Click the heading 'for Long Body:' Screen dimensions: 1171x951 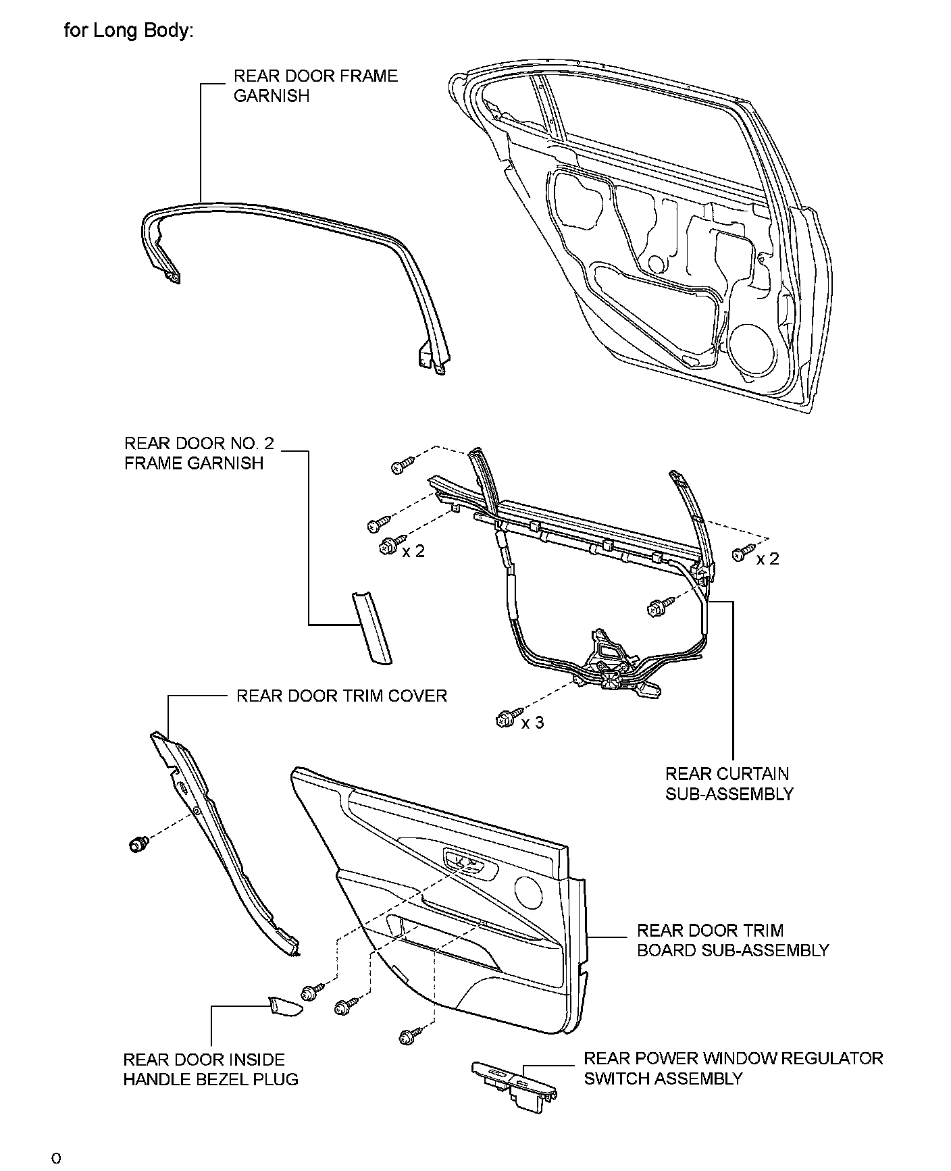point(128,31)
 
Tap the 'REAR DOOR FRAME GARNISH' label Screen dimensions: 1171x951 point(315,86)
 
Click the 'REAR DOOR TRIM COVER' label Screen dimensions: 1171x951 point(341,696)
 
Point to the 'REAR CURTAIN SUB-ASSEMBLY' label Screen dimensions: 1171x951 point(729,783)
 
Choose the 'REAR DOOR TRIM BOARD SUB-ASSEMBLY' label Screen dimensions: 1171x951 point(733,940)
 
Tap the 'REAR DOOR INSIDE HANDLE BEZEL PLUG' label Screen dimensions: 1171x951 point(210,1069)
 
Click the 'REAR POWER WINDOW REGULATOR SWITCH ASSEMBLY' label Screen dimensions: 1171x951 point(733,1068)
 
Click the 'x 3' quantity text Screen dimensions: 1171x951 point(533,723)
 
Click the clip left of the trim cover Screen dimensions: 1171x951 point(138,843)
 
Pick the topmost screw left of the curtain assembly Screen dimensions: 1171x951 point(403,465)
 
